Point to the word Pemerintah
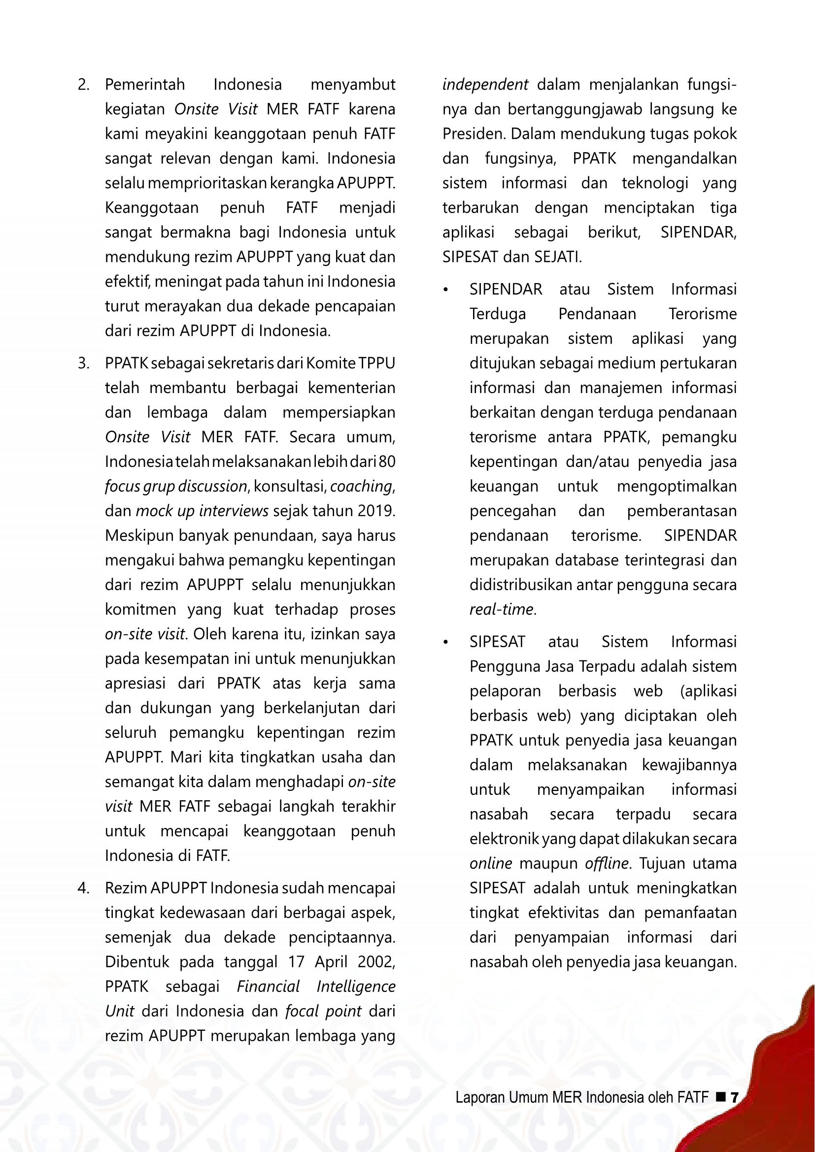point(144,85)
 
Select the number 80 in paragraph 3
point(387,461)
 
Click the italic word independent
point(485,85)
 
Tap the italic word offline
point(606,863)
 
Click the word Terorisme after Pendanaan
point(703,315)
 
